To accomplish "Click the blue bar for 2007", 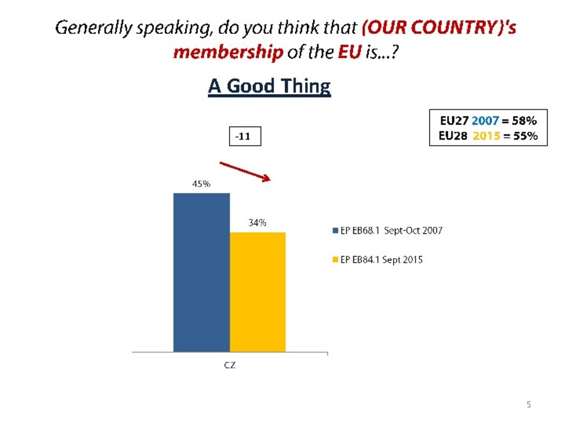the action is click(202, 273).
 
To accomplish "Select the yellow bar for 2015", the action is click(257, 292).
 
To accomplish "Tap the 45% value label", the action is click(201, 184).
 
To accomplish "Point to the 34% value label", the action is click(257, 223).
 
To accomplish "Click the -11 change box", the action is click(245, 136).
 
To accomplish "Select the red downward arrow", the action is click(245, 171).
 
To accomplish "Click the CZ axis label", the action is click(230, 365).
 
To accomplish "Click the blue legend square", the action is click(335, 231).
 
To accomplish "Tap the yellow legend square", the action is click(335, 259).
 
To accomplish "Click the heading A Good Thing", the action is click(269, 86).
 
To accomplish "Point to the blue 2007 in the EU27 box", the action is click(485, 121).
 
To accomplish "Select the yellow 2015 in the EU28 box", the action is click(487, 136).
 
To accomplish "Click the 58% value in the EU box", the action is click(524, 121).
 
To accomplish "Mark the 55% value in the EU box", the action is click(525, 136).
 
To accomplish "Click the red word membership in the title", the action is click(228, 52).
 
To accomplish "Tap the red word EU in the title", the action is click(350, 52).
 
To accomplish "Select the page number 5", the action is click(529, 405).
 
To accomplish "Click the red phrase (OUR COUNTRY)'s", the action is click(439, 28).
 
